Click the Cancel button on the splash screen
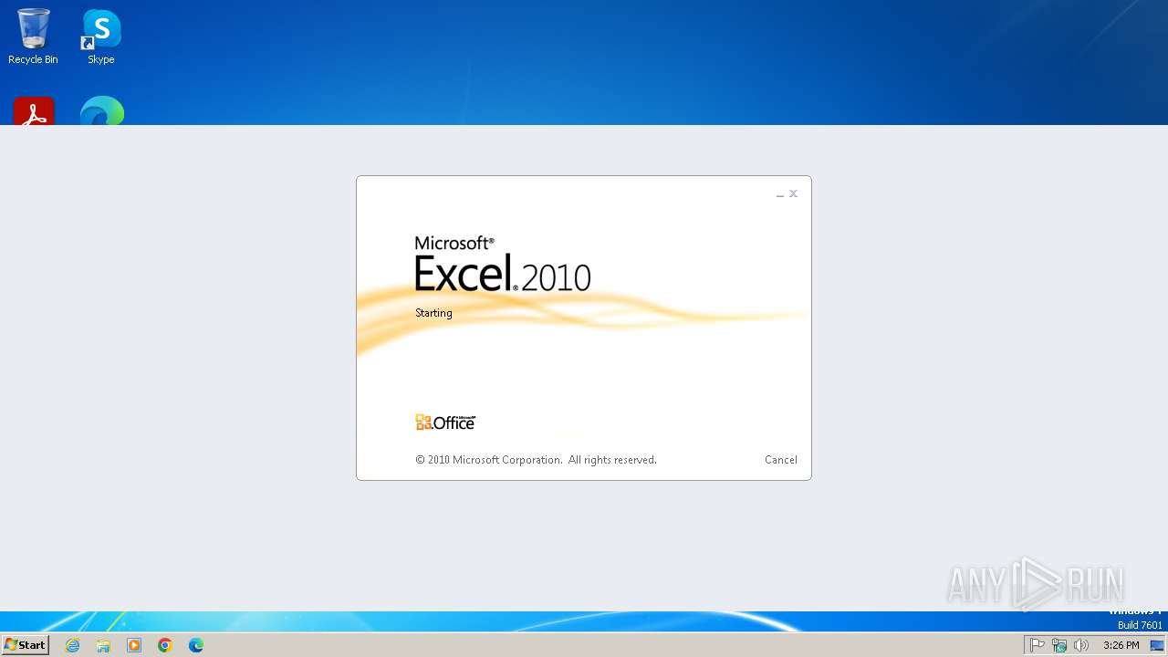point(780,460)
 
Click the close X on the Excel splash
point(793,193)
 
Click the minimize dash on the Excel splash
point(780,195)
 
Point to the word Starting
point(433,313)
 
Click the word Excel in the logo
point(463,273)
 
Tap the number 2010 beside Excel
point(557,277)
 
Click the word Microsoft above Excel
point(454,244)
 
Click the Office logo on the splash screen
point(445,422)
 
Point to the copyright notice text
point(536,460)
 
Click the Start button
point(25,645)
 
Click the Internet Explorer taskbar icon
point(73,645)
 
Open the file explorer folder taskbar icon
point(103,645)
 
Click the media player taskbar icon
point(134,645)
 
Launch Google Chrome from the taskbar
point(165,645)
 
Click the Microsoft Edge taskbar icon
point(196,645)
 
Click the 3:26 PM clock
point(1121,645)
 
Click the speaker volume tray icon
point(1081,645)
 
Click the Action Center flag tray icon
point(1038,645)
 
